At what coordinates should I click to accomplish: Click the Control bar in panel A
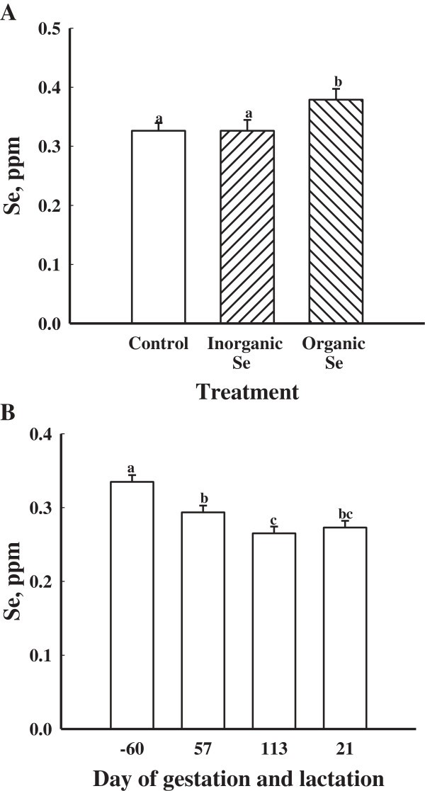158,227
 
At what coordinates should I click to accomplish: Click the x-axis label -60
131,747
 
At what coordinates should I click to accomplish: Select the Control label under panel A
158,345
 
